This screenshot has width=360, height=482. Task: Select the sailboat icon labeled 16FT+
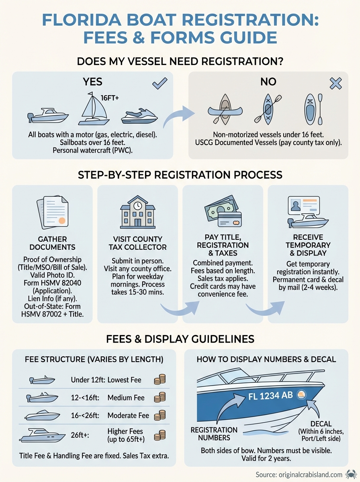93,110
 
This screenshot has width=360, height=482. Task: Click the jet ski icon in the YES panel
139,116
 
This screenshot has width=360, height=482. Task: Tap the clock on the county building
138,205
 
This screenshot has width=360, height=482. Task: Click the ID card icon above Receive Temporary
304,206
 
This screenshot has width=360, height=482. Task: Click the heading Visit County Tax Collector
138,243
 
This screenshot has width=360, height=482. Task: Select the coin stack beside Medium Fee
160,398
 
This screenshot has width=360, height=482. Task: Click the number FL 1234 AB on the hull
270,396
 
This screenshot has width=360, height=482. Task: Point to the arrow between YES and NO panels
181,117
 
